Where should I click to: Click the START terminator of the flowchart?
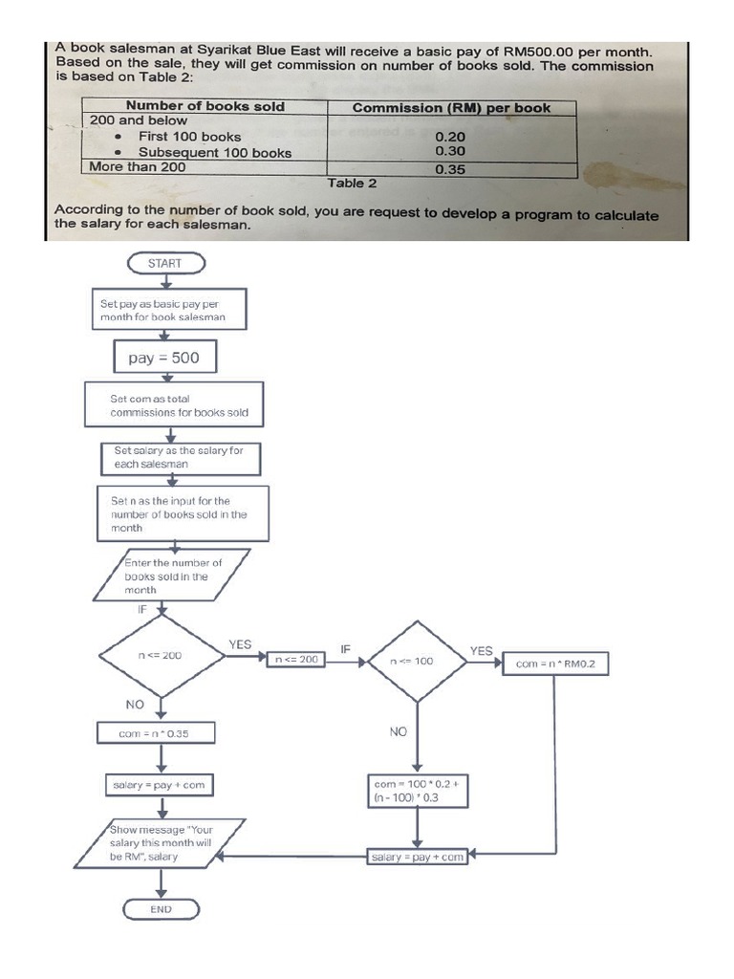click(164, 263)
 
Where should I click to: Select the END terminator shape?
click(161, 908)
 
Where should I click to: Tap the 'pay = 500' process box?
click(163, 359)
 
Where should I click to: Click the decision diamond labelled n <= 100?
click(412, 661)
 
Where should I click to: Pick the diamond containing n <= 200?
click(160, 656)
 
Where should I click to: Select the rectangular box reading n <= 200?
click(295, 660)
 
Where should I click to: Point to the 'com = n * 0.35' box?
click(154, 733)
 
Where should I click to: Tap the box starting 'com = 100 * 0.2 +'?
click(417, 790)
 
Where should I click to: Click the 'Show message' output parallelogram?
click(161, 843)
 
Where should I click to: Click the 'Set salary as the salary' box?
click(180, 457)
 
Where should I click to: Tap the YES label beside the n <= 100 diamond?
click(482, 651)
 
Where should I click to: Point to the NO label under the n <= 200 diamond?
click(135, 703)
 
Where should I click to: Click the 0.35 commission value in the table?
click(450, 169)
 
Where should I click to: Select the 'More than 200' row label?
click(138, 167)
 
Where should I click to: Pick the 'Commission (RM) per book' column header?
click(451, 107)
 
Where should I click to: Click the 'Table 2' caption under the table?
click(352, 183)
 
